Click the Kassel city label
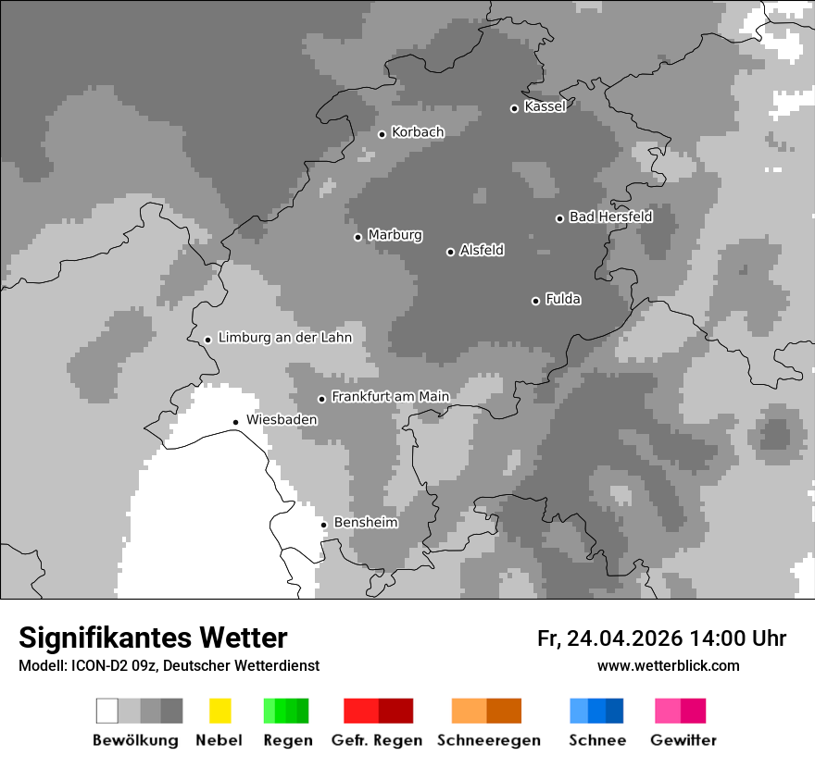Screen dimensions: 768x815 click(545, 106)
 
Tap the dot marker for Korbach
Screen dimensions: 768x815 click(382, 134)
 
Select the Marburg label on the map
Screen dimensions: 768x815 click(395, 235)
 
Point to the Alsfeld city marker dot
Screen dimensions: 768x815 click(450, 252)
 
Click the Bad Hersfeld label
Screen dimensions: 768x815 click(610, 217)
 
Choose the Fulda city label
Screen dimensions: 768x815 click(563, 299)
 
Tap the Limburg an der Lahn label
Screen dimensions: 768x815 click(284, 338)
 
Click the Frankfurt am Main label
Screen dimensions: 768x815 click(390, 397)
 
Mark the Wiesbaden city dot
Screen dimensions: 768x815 click(236, 422)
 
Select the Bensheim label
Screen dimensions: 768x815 click(366, 523)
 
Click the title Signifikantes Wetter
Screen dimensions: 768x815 click(153, 638)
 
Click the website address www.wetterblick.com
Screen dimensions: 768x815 click(668, 665)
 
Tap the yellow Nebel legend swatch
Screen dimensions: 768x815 click(219, 711)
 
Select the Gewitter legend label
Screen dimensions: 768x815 click(683, 740)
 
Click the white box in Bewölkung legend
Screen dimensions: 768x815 click(107, 711)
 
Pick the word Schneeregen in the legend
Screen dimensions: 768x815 click(489, 740)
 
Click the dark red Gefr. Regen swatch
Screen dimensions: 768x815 click(395, 711)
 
